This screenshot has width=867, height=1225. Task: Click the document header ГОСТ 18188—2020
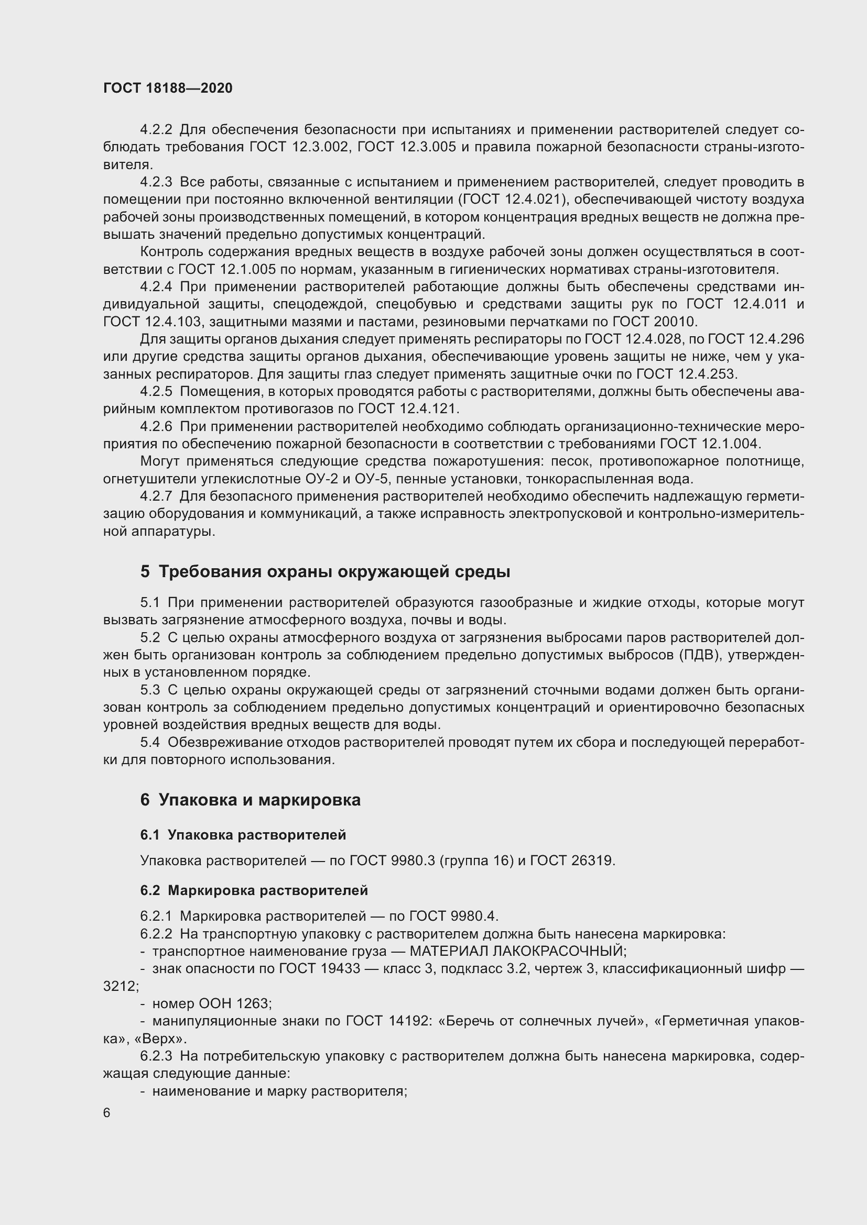168,89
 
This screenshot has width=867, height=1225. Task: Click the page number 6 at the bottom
107,1113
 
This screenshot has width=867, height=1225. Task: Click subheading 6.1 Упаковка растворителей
243,835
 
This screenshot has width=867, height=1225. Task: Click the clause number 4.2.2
156,130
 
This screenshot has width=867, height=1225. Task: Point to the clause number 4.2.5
156,392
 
